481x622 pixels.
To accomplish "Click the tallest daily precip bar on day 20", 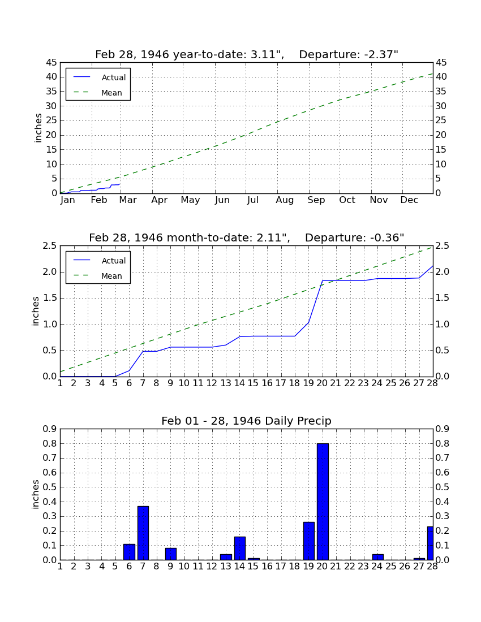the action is (x=323, y=502).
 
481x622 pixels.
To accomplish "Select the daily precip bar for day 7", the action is (x=143, y=533).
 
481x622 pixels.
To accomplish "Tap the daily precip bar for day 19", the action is (x=309, y=541).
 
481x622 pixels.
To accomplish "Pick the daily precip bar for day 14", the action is (x=240, y=548).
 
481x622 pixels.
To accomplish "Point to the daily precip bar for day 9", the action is (x=171, y=554).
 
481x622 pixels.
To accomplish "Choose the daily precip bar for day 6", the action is (x=129, y=552).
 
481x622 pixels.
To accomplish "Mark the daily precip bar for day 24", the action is (x=378, y=557).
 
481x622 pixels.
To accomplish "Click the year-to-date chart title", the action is (x=247, y=54).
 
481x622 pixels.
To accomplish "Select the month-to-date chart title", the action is (x=247, y=237).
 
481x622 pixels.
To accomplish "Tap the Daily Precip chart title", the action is (x=247, y=421).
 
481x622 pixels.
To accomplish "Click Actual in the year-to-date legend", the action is (x=114, y=78).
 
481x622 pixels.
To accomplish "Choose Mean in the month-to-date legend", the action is (x=111, y=276).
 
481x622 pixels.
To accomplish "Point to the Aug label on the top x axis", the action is (x=285, y=200).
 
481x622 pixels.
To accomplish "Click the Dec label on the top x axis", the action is (x=409, y=200).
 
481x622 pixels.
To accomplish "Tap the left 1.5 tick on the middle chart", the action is (x=50, y=298).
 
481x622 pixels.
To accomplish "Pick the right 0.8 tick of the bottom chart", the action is (x=443, y=443).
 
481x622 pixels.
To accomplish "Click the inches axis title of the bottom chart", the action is (x=36, y=494).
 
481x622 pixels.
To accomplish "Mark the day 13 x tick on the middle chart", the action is (x=226, y=383).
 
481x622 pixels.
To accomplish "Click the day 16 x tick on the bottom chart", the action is (x=267, y=567).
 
